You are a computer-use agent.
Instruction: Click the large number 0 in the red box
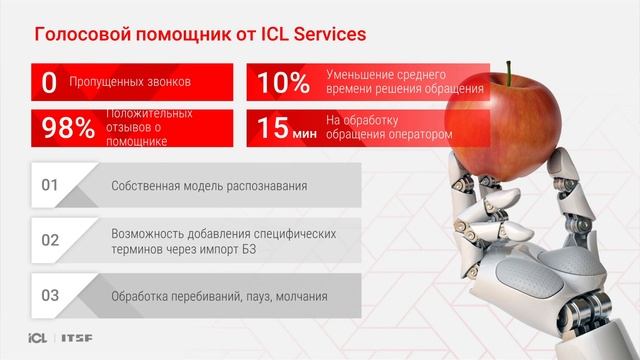click(48, 83)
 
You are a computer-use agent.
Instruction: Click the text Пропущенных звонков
click(130, 83)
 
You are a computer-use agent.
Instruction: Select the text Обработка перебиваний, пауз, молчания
click(219, 296)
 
